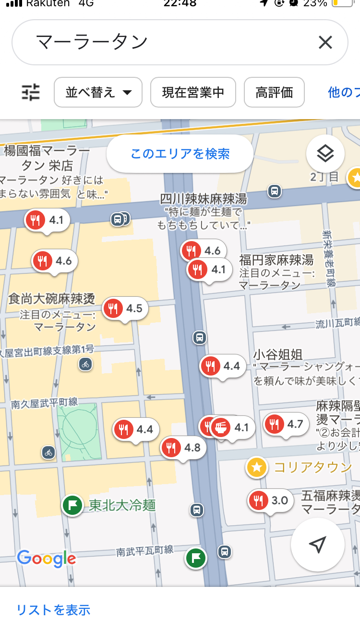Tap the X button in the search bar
point(325,43)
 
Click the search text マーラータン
point(92,43)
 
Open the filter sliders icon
point(31,92)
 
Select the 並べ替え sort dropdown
point(98,92)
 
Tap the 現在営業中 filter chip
point(193,92)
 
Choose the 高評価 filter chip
point(274,92)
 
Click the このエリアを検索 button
point(180,154)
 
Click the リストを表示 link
point(53,610)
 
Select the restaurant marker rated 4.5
point(125,309)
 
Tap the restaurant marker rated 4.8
point(183,448)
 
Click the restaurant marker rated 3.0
point(270,501)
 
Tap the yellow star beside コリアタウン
point(257,467)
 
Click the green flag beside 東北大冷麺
point(73,505)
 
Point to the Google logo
point(47,559)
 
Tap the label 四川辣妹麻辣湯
point(203,199)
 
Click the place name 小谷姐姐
point(278,355)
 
